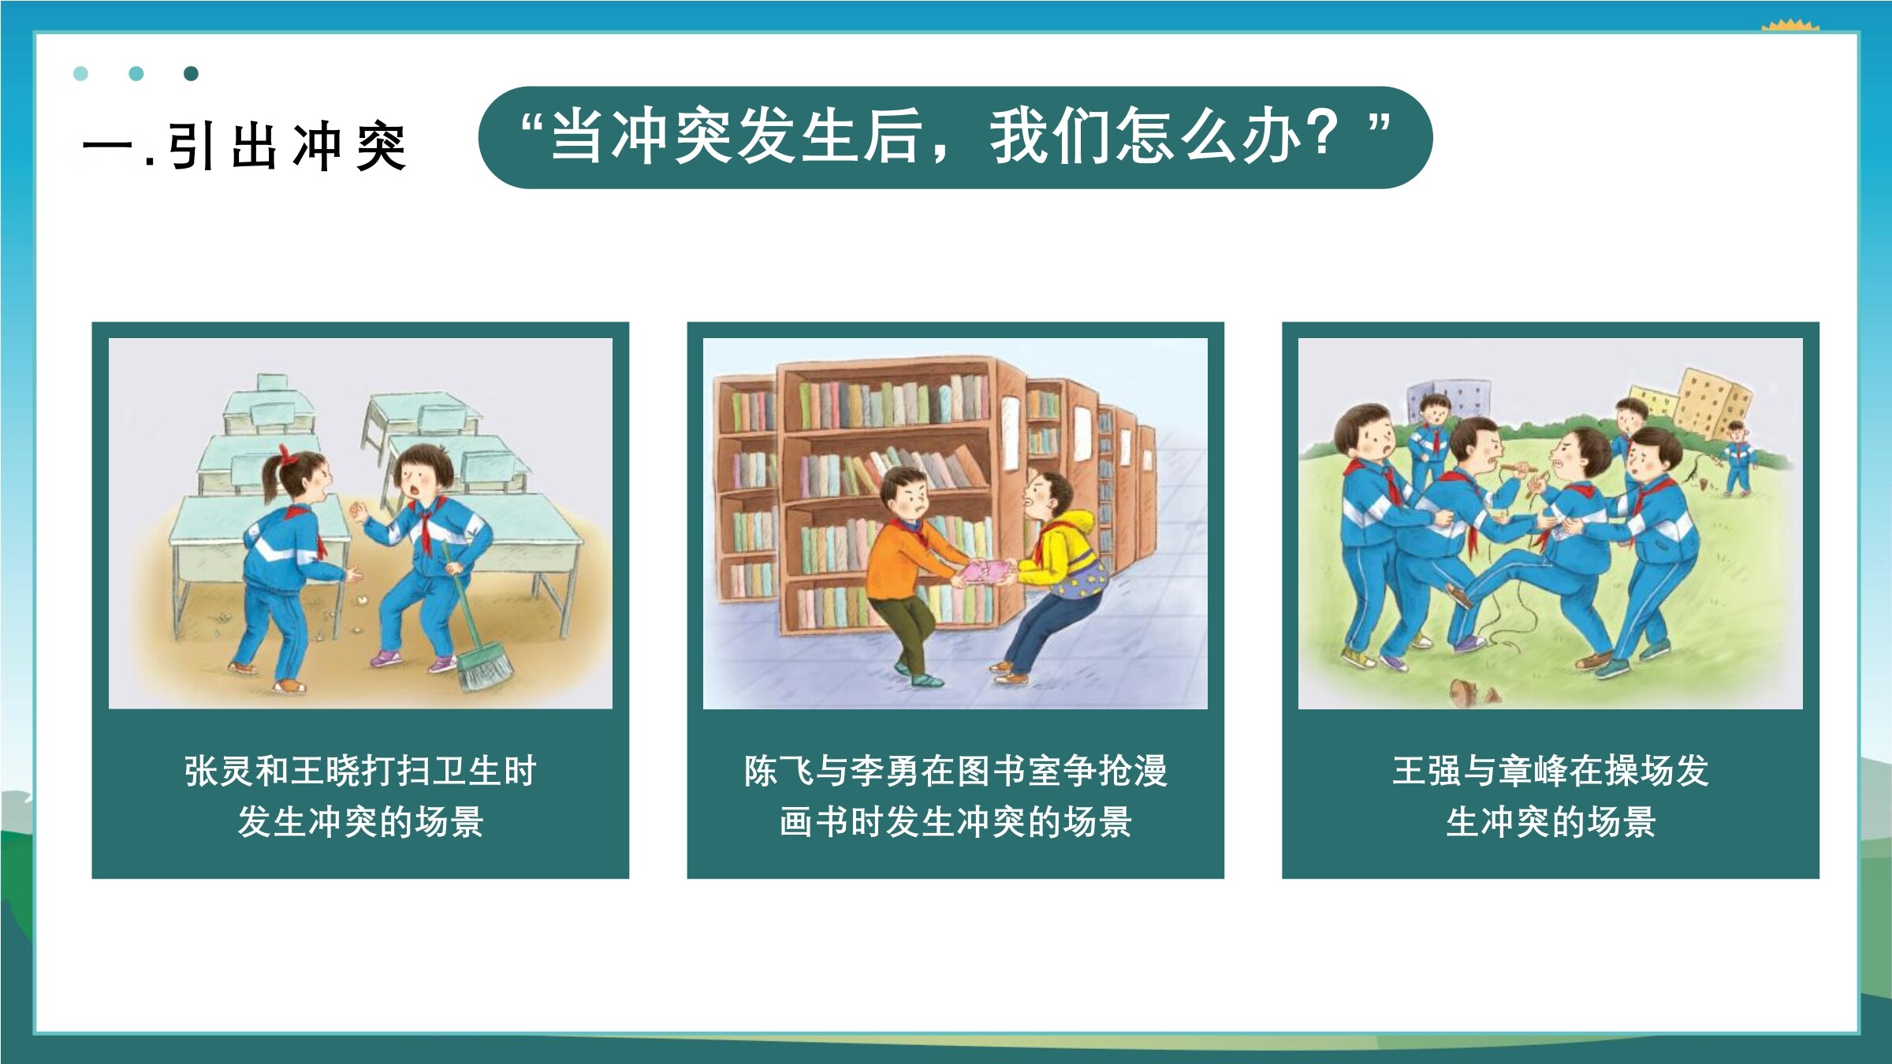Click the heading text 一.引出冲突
coord(244,147)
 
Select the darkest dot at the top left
coord(190,73)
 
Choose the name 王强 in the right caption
coord(1427,771)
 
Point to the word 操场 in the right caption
coord(1639,771)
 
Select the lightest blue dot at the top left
coord(80,73)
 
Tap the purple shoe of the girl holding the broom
coord(385,657)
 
